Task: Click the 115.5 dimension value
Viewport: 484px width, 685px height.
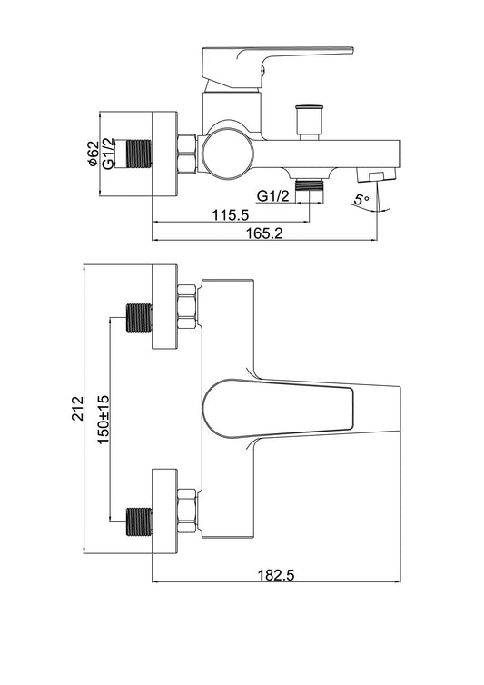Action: (x=231, y=214)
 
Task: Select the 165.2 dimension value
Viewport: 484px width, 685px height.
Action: (x=264, y=233)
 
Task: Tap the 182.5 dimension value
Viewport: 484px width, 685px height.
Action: (x=276, y=575)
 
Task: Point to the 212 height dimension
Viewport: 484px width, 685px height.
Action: (x=78, y=408)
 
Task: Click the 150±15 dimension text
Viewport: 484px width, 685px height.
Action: (x=104, y=419)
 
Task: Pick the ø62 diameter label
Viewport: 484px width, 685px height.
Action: (x=93, y=154)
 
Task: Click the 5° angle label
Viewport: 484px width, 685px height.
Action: (x=361, y=200)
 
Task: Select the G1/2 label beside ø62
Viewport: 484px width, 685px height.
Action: (x=108, y=153)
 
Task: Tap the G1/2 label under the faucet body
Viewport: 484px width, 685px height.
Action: (x=272, y=195)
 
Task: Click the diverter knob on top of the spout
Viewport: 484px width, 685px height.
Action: (x=310, y=122)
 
